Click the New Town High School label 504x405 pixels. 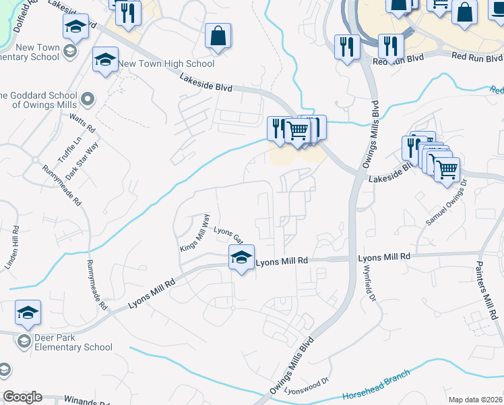point(166,63)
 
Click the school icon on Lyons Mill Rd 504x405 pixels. point(241,257)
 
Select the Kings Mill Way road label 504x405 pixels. point(195,233)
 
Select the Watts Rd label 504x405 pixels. point(82,122)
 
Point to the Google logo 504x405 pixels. point(22,397)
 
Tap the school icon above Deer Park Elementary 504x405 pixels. point(28,313)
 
